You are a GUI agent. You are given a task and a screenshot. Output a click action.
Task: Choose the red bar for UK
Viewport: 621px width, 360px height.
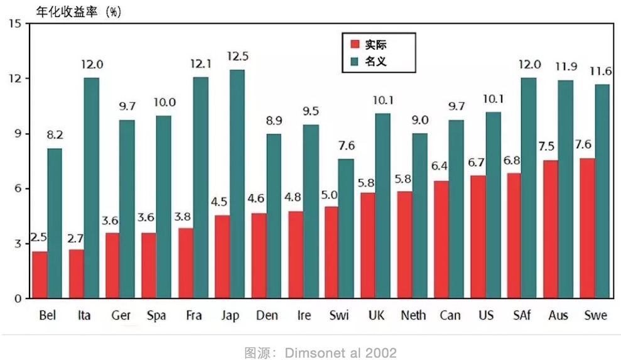368,245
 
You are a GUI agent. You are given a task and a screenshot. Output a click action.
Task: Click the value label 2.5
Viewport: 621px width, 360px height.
39,239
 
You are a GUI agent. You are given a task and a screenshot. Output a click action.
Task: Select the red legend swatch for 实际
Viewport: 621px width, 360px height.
354,45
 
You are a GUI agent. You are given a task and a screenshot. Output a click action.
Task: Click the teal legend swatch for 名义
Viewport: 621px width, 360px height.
354,62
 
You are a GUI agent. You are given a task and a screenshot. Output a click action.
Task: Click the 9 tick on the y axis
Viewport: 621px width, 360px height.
17,134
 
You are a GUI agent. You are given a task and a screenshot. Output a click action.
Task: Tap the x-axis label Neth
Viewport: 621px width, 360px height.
413,315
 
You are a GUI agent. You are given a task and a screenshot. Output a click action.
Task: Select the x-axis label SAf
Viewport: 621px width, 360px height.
521,315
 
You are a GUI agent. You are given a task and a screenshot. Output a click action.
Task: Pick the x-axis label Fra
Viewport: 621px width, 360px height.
193,315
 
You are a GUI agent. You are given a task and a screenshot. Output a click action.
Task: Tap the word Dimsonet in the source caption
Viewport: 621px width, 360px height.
311,352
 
